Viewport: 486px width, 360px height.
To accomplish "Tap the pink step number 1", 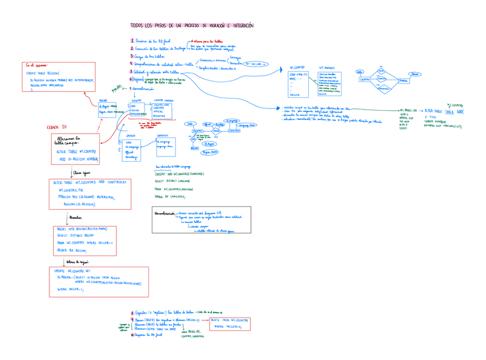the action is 132,41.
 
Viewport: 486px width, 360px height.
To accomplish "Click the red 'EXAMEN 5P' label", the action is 57,127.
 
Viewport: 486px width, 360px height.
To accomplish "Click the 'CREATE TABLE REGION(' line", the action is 43,73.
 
